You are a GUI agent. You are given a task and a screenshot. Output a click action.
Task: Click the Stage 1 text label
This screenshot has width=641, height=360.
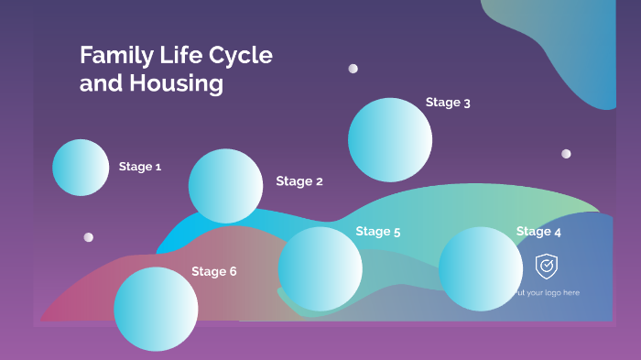click(x=140, y=167)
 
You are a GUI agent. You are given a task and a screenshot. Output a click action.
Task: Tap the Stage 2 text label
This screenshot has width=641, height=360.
click(x=299, y=181)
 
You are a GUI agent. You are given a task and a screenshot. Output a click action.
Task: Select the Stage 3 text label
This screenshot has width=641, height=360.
click(x=448, y=103)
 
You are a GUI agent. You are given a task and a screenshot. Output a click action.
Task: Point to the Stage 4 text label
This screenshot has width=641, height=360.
click(x=538, y=232)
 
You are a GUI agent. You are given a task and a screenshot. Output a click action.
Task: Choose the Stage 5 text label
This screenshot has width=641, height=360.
click(x=378, y=232)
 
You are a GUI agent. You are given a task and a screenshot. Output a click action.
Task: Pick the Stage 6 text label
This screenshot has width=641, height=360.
click(x=214, y=271)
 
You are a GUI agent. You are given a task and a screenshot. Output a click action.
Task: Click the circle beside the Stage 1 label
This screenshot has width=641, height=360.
click(x=81, y=168)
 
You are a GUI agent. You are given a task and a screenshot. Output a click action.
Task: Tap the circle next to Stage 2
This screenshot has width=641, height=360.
click(x=225, y=186)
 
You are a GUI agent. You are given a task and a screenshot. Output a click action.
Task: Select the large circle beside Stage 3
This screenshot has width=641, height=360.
click(x=390, y=139)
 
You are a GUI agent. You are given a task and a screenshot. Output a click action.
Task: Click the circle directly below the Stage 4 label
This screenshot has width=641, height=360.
click(x=481, y=269)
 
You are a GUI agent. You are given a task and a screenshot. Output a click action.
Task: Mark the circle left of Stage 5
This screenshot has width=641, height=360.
click(x=320, y=268)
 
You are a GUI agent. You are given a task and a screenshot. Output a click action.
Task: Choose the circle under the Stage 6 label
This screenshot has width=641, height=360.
click(x=156, y=309)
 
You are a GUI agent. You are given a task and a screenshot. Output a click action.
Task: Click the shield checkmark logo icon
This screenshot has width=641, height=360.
click(x=547, y=267)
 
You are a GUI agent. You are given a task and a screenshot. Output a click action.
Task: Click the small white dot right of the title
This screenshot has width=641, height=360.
click(x=353, y=69)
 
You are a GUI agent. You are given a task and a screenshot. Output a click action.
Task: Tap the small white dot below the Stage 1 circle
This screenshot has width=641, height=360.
click(x=89, y=237)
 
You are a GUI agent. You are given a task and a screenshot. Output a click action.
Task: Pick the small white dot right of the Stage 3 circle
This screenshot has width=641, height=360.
click(x=566, y=154)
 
